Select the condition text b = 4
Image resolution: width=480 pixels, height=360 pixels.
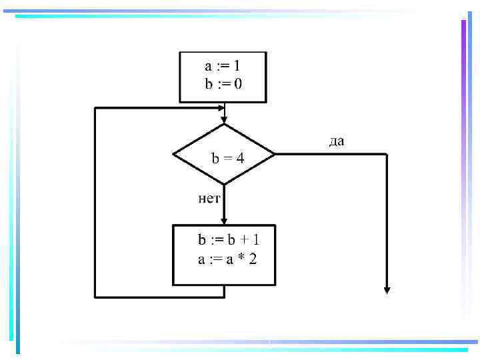[x=228, y=159]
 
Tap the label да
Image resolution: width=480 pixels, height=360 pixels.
[x=336, y=141]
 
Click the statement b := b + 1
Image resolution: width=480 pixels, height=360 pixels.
[x=227, y=239]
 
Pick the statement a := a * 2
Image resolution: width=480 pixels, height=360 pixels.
[x=227, y=259]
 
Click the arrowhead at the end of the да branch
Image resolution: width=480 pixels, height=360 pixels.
[x=387, y=289]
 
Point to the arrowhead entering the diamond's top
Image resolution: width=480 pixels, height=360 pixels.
[x=224, y=119]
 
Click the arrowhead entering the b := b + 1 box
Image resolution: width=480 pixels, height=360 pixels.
[x=224, y=222]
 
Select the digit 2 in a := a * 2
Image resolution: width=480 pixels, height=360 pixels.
[x=252, y=259]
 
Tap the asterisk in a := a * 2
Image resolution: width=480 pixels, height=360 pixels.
[x=239, y=258]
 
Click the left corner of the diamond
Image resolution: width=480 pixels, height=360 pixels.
[x=173, y=154]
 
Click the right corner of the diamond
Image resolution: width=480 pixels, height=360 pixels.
[x=275, y=154]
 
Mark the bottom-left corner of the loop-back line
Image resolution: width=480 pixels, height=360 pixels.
[x=96, y=296]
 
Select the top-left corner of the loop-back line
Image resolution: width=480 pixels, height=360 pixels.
[x=96, y=108]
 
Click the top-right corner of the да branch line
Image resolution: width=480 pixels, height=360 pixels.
[x=387, y=154]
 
